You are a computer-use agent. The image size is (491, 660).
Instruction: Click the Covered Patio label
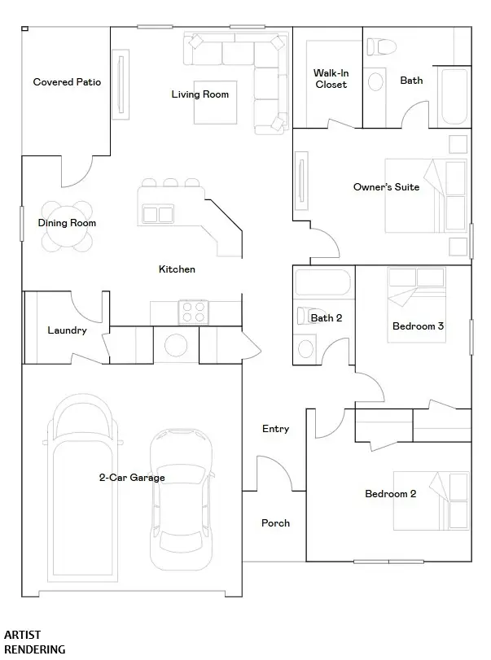[x=67, y=82]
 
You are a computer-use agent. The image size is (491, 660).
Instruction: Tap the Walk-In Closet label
[x=331, y=79]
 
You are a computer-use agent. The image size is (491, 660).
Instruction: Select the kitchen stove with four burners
[x=193, y=312]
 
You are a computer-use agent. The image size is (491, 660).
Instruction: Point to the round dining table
[x=67, y=226]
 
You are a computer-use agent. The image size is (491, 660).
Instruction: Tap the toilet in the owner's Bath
[x=382, y=46]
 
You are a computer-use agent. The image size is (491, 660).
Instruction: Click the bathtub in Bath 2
[x=322, y=282]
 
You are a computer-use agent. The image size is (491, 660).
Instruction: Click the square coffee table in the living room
[x=215, y=103]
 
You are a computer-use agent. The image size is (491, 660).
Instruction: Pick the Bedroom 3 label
[x=419, y=326]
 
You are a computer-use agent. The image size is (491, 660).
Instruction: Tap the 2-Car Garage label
[x=132, y=478]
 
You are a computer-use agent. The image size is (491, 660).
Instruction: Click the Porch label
[x=276, y=522]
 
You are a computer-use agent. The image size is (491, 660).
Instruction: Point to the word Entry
[x=276, y=429]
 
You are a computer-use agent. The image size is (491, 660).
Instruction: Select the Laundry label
[x=67, y=330]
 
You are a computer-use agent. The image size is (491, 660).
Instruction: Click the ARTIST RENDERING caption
[x=35, y=642]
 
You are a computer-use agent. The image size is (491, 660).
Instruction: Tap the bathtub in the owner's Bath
[x=454, y=96]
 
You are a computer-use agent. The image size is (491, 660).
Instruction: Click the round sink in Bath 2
[x=305, y=348]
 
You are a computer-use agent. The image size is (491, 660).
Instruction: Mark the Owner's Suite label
[x=386, y=187]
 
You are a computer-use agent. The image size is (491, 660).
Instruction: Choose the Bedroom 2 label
[x=390, y=494]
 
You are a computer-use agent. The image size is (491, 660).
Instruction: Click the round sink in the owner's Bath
[x=375, y=81]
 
